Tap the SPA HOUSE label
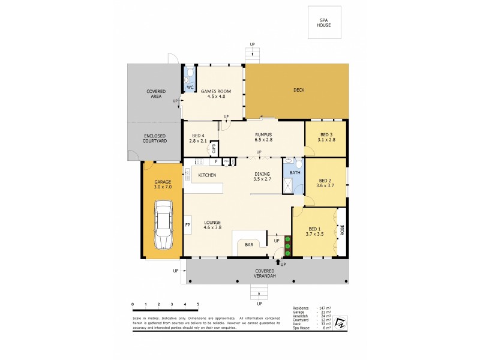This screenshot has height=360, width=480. tap(324, 23)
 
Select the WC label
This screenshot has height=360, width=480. tap(190, 88)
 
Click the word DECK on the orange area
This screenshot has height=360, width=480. tap(298, 91)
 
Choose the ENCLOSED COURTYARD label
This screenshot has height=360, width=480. tap(154, 137)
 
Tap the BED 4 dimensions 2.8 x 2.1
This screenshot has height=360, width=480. tap(199, 141)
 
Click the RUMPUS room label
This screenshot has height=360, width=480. tap(263, 135)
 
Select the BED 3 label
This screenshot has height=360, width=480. tap(326, 134)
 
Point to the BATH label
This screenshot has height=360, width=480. tap(294, 173)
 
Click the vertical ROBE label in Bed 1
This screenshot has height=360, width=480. tap(343, 230)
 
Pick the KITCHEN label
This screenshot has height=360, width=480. tap(207, 175)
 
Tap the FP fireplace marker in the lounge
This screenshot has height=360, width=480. tap(187, 225)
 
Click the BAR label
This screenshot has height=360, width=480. tap(248, 245)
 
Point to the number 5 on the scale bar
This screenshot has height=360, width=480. tap(198, 305)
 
